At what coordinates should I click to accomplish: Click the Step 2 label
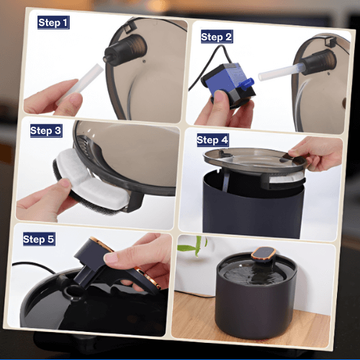pos(217,36)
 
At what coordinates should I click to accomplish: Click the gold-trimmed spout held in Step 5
pos(115,266)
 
